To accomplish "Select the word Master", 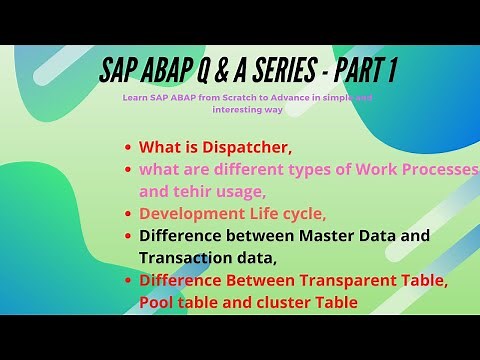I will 356,236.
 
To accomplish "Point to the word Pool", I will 159,302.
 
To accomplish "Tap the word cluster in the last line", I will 282,302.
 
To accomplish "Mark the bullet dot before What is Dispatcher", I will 128,148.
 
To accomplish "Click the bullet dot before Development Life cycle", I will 128,213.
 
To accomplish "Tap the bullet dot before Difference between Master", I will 128,237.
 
